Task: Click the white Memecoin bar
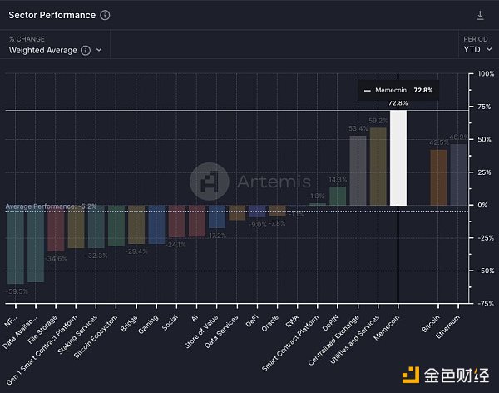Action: pyautogui.click(x=398, y=158)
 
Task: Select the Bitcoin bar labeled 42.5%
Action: pyautogui.click(x=438, y=177)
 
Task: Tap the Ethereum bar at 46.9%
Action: pyautogui.click(x=458, y=174)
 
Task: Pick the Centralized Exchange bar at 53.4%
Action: pyautogui.click(x=358, y=170)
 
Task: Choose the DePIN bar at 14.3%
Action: pyautogui.click(x=338, y=196)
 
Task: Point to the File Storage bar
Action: pyautogui.click(x=56, y=228)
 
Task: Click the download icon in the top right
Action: pyautogui.click(x=480, y=15)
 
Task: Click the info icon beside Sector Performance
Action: pyautogui.click(x=104, y=15)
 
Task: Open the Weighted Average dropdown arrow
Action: pyautogui.click(x=100, y=50)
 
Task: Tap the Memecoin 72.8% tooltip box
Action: pyautogui.click(x=398, y=90)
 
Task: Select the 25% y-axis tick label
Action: pyautogui.click(x=485, y=172)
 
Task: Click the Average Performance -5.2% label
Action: pyautogui.click(x=51, y=206)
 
